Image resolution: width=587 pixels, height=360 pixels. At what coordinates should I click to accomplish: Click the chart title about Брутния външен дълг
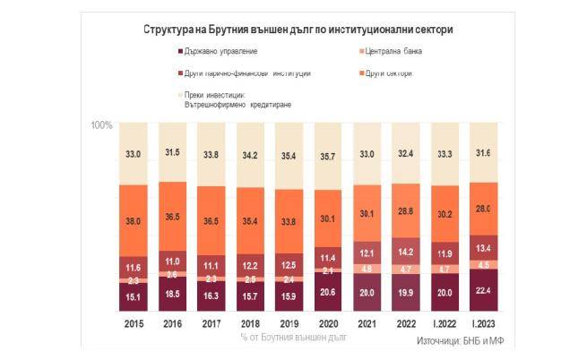click(x=298, y=29)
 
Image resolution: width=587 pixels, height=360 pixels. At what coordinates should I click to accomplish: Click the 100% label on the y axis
click(x=102, y=125)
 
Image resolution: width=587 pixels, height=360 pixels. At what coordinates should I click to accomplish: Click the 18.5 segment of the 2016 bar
click(x=173, y=294)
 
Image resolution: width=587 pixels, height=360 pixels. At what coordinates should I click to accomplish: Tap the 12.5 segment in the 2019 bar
click(x=290, y=266)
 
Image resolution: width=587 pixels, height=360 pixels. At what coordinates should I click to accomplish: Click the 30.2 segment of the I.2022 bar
click(x=446, y=214)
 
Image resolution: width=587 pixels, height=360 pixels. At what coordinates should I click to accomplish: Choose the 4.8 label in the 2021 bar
click(x=368, y=268)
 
